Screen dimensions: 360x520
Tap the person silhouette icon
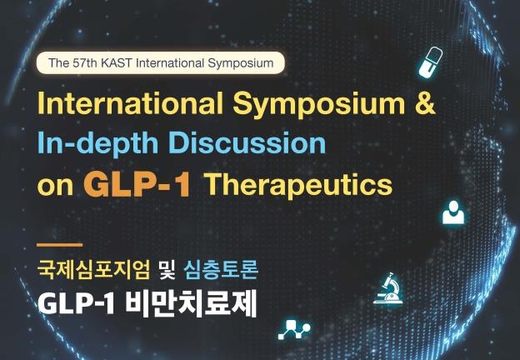[x=452, y=212]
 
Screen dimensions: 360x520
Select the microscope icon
[x=389, y=288]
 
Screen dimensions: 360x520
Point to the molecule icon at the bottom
[x=292, y=328]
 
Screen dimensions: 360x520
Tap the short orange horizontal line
[x=59, y=245]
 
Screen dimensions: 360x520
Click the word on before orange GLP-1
[x=55, y=185]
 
